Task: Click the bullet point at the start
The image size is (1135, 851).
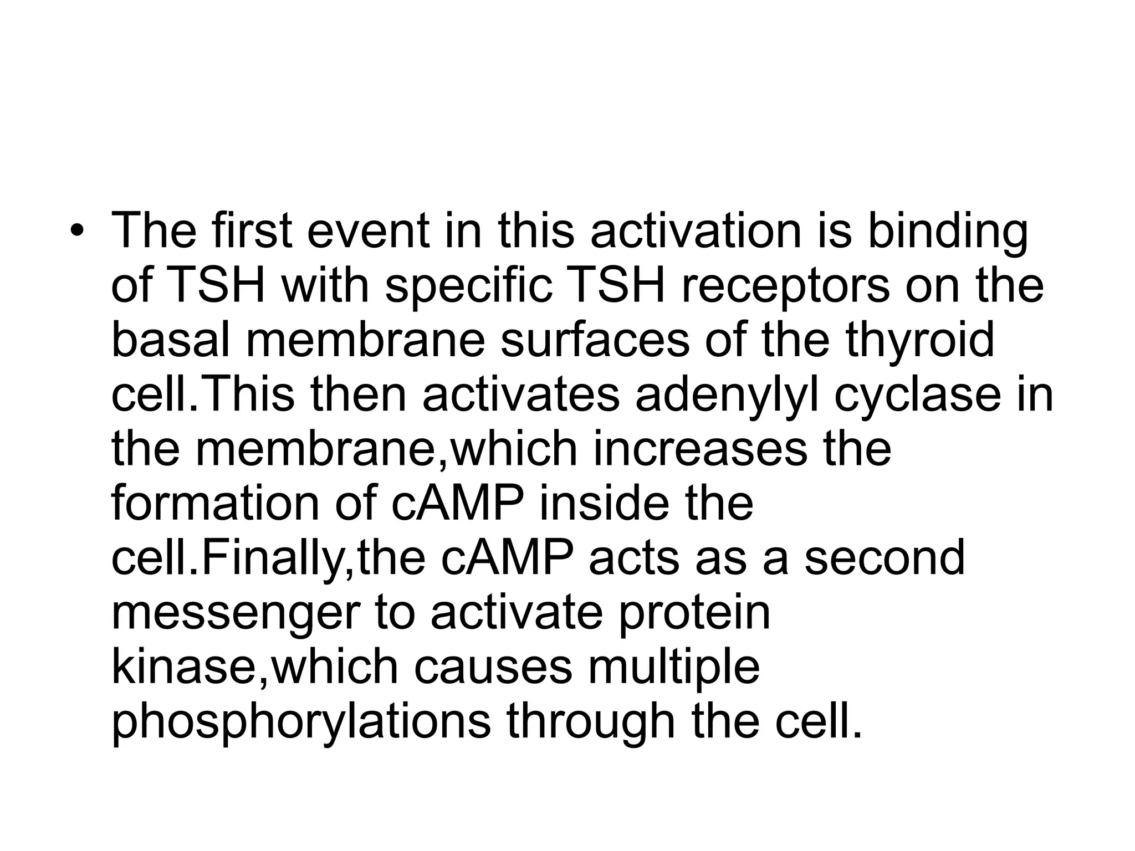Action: pos(76,232)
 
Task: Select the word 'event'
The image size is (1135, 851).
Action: pos(368,230)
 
